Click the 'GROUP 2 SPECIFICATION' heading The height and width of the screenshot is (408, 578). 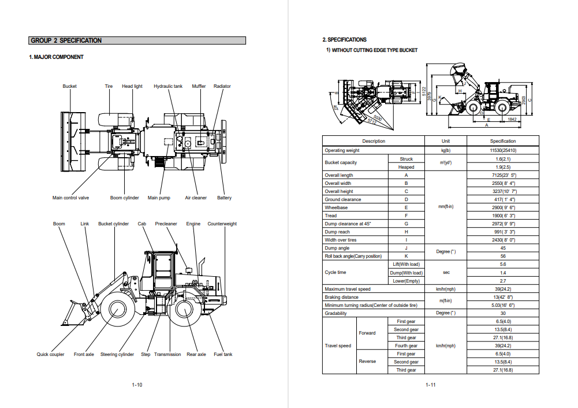click(x=66, y=40)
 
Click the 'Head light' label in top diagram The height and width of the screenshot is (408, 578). click(x=132, y=87)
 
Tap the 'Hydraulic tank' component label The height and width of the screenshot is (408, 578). click(x=167, y=87)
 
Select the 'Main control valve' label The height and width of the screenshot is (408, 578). click(x=70, y=198)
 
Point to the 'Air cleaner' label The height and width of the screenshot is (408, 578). click(x=196, y=198)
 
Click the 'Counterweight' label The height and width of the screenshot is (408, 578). click(x=222, y=224)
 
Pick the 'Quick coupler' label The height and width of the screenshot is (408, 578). click(x=51, y=355)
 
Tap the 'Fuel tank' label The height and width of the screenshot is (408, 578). click(x=223, y=355)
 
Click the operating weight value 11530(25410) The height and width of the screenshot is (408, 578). click(x=502, y=150)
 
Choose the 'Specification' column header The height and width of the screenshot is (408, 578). click(x=502, y=141)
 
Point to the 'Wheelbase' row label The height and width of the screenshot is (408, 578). click(x=335, y=207)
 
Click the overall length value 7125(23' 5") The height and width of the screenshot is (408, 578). click(x=502, y=175)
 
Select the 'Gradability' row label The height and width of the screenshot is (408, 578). click(x=335, y=313)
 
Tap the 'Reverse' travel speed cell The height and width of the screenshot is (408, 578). click(x=367, y=362)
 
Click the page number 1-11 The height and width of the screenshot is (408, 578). click(x=430, y=385)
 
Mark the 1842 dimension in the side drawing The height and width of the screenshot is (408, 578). click(x=511, y=119)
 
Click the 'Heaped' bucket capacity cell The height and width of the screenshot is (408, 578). click(x=406, y=167)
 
